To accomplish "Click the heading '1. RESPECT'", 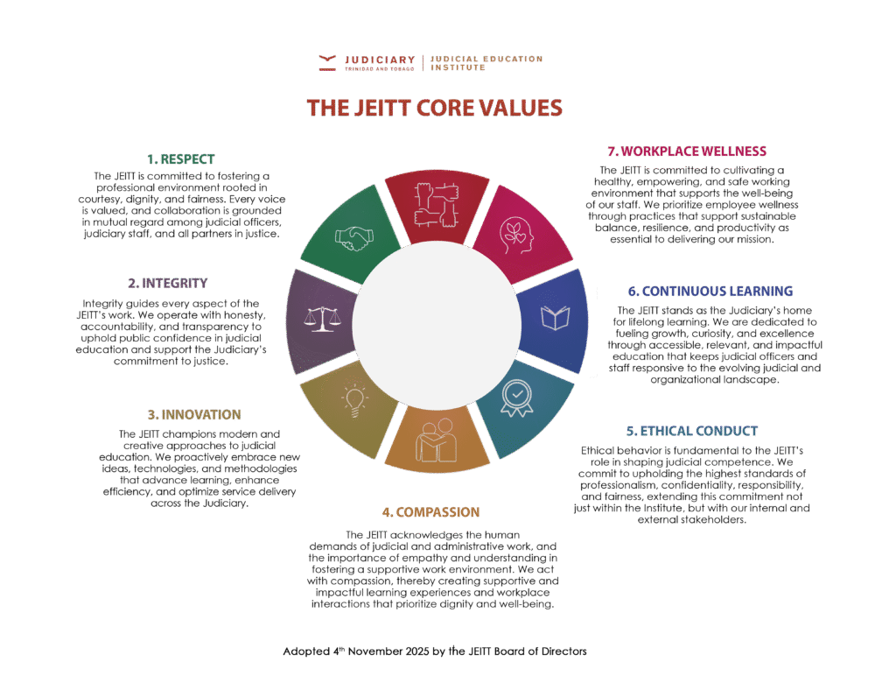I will coord(180,159).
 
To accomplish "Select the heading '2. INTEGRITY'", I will coord(168,283).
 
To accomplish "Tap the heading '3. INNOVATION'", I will coord(194,414).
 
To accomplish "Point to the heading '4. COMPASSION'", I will coord(430,511).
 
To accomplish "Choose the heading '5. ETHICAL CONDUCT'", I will coord(692,431).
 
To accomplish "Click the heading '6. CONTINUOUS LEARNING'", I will coord(710,291).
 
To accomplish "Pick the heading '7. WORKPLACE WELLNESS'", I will coord(687,151).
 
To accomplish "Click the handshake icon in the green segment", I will coord(354,236).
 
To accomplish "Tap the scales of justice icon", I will coord(322,317).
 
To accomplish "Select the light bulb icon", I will coord(354,399).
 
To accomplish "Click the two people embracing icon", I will coord(435,438).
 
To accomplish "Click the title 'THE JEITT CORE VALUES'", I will coord(435,108).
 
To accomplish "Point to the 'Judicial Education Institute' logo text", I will coord(486,62).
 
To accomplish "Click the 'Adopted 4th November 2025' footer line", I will coord(435,651).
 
